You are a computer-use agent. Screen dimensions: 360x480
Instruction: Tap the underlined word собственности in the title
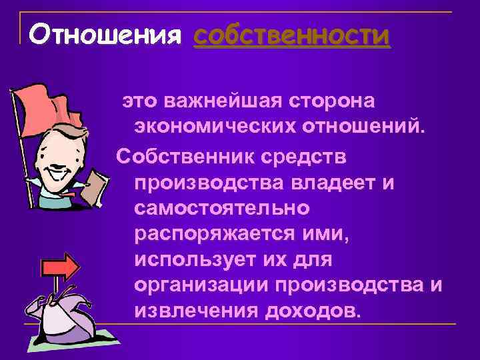point(291,35)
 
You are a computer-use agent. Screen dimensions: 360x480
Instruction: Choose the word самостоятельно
point(221,209)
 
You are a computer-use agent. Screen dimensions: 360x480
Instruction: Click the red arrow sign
point(60,267)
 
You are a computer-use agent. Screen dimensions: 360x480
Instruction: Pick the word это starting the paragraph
point(137,102)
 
